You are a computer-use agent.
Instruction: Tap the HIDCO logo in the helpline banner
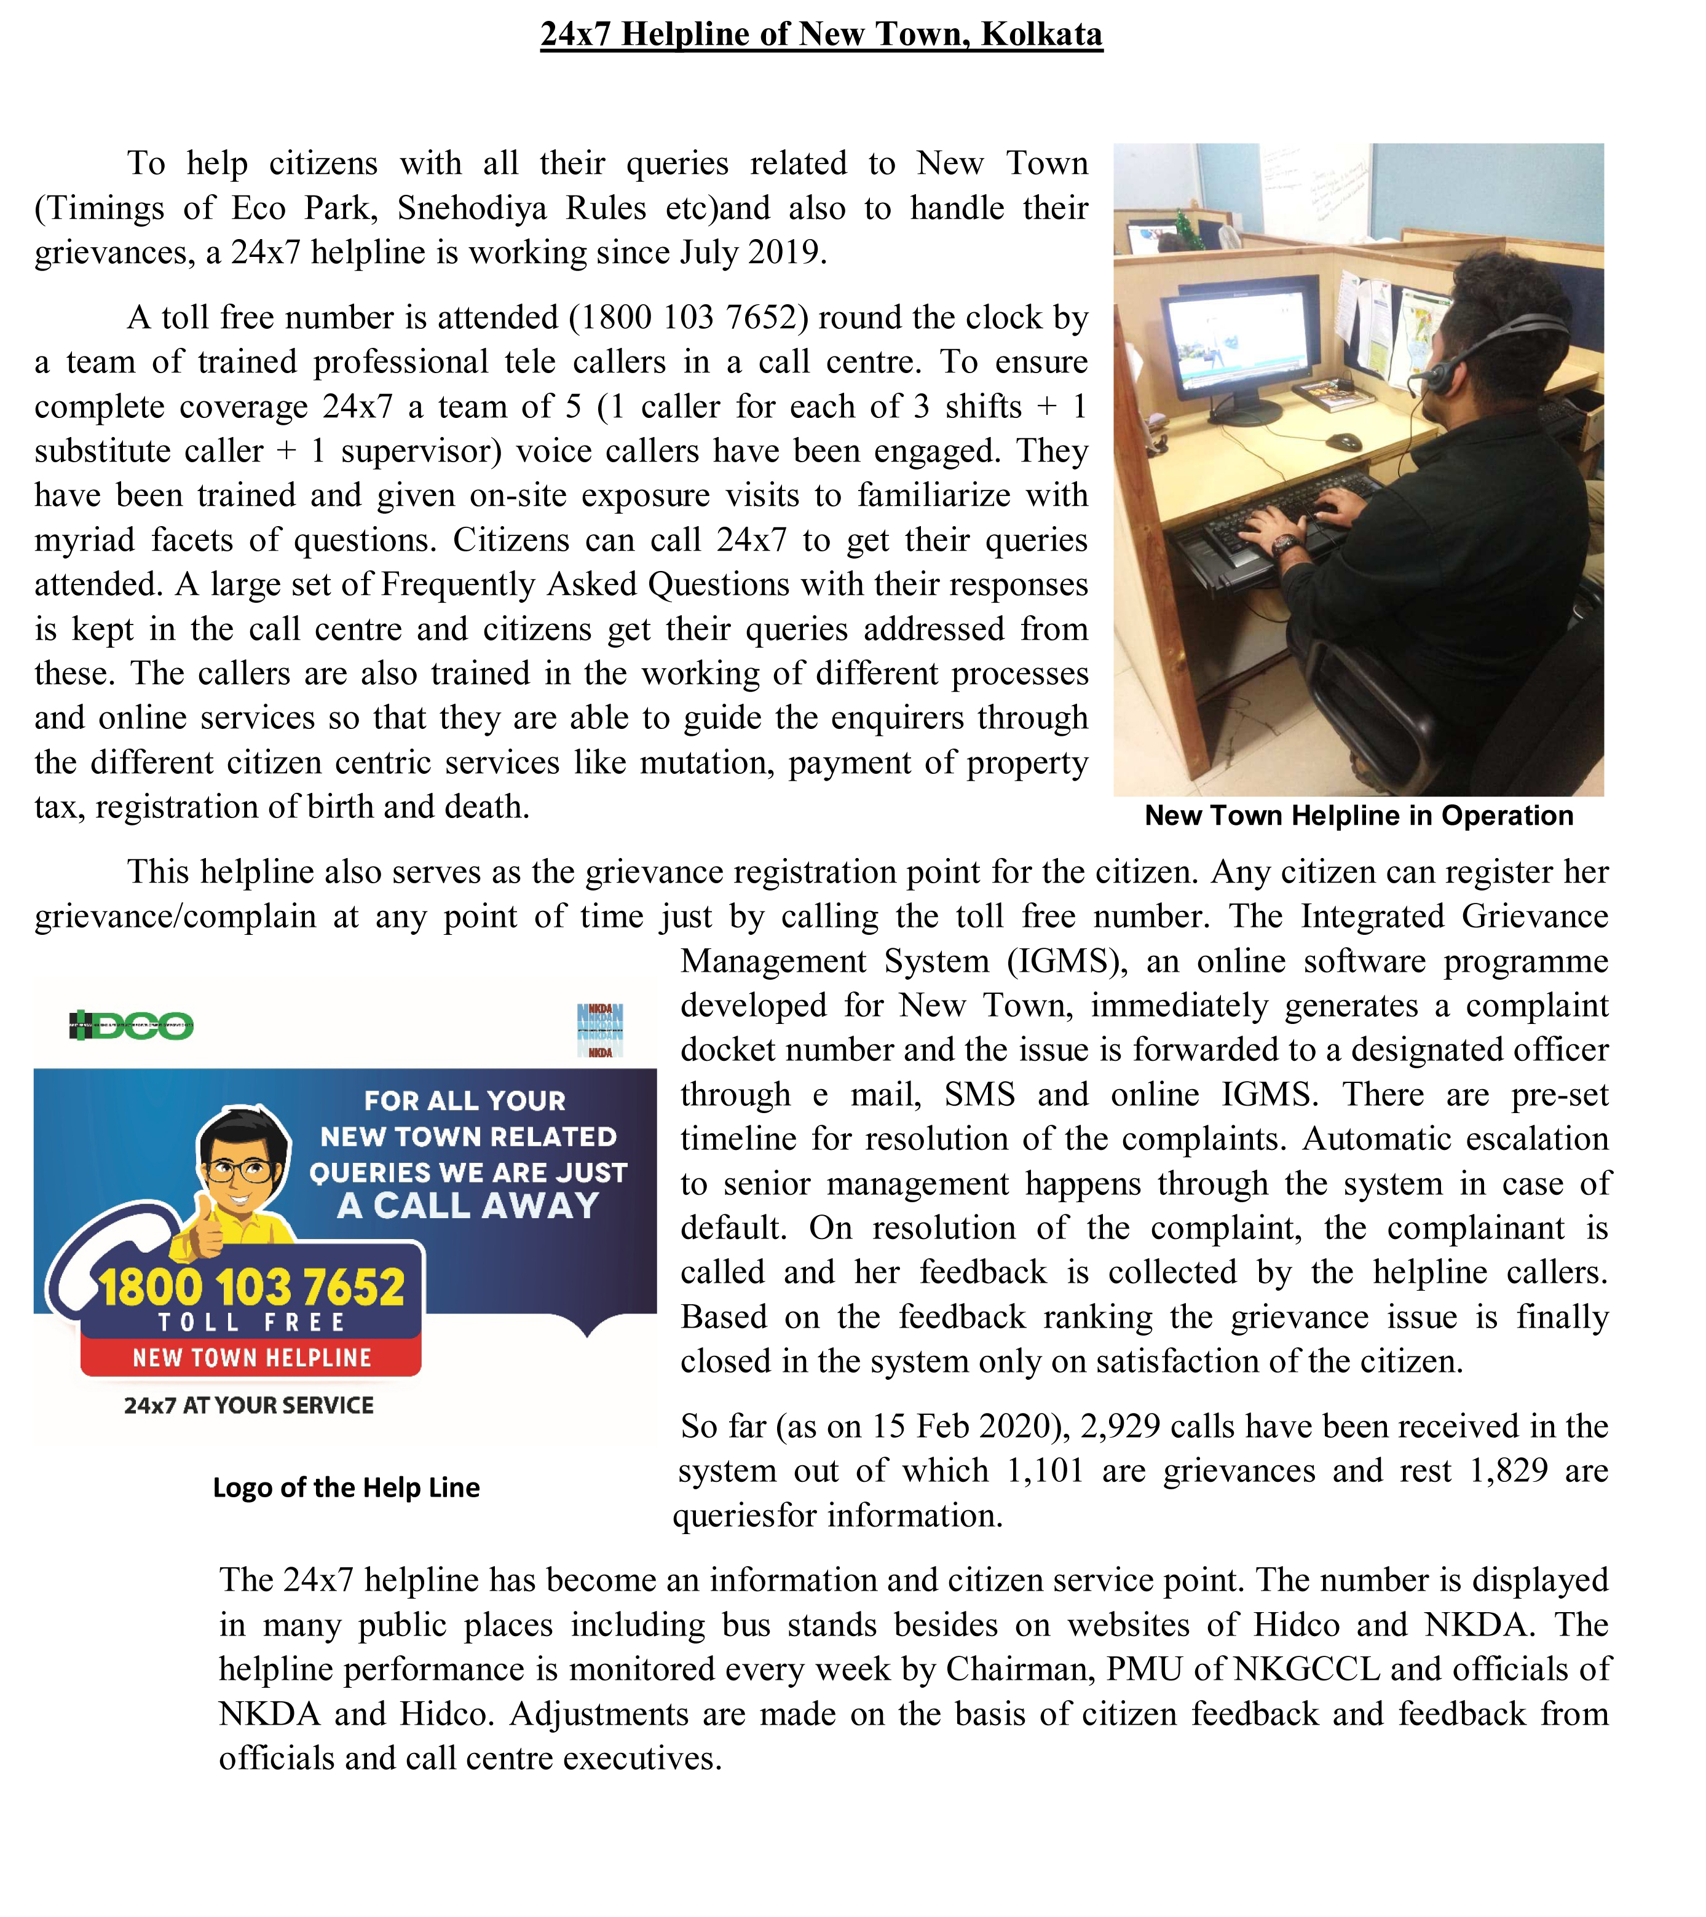pyautogui.click(x=132, y=1025)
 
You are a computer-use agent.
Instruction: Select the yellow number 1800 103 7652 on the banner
pyautogui.click(x=251, y=1287)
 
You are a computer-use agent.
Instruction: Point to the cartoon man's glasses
pyautogui.click(x=242, y=1170)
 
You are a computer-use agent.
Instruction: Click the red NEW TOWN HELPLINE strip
pyautogui.click(x=251, y=1357)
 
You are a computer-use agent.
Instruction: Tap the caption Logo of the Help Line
pyautogui.click(x=346, y=1487)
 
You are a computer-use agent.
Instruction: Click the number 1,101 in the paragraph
pyautogui.click(x=1045, y=1471)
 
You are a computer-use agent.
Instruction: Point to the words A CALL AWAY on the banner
pyautogui.click(x=468, y=1205)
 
